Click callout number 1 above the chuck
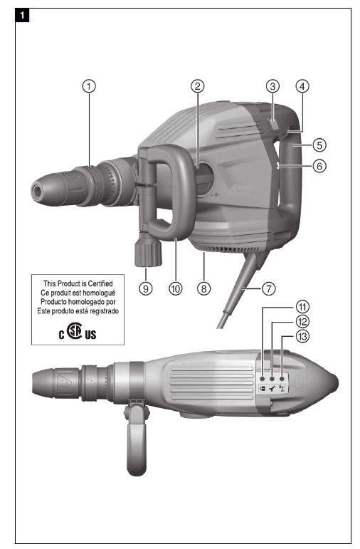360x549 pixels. click(89, 86)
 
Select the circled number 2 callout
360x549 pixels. click(198, 86)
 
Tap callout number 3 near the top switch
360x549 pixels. click(272, 86)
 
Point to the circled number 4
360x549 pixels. click(302, 86)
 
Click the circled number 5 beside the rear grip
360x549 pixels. click(319, 145)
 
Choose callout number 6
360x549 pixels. click(319, 165)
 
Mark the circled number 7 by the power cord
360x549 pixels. click(268, 289)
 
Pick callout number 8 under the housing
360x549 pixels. click(204, 289)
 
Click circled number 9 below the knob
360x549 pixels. click(146, 289)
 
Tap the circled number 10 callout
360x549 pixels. click(175, 289)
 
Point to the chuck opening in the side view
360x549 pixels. click(35, 190)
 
